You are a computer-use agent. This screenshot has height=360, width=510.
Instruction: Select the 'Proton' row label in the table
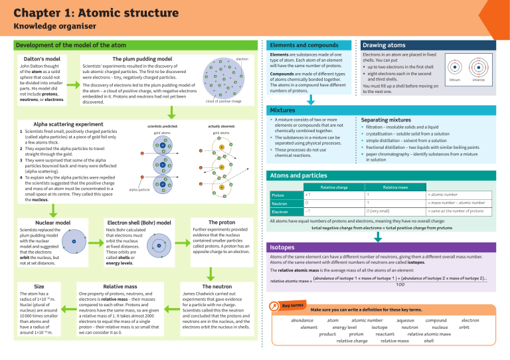click(x=280, y=195)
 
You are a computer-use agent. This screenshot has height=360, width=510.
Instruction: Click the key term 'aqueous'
click(x=405, y=320)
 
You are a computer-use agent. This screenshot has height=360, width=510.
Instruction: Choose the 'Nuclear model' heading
click(x=53, y=223)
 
